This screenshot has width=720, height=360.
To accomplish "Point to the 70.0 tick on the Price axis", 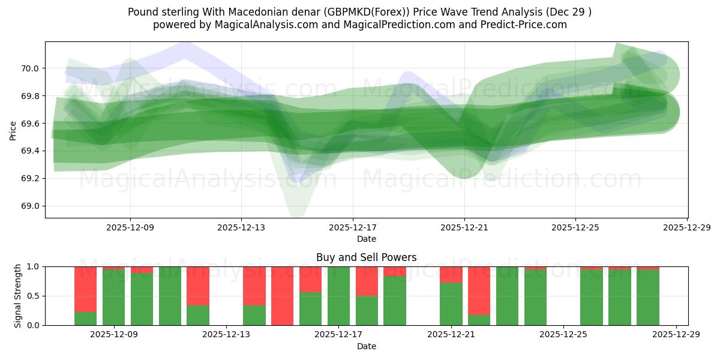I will (x=31, y=68).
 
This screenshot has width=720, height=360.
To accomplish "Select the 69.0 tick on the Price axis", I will (x=31, y=206).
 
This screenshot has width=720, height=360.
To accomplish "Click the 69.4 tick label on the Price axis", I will (x=31, y=151).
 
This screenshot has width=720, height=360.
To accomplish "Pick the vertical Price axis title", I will (x=13, y=130).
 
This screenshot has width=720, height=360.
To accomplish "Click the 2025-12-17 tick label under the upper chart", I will (x=353, y=227).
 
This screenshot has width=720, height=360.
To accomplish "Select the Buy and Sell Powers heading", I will (x=366, y=257).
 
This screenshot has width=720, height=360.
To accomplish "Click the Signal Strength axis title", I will (x=18, y=296).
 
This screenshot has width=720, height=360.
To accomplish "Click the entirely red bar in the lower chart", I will (x=282, y=296).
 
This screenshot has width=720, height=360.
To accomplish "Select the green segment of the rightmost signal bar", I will (x=648, y=298).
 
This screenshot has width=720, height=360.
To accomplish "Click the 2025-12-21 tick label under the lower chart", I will (x=451, y=335).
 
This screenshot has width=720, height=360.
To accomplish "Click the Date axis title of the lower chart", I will (x=366, y=346).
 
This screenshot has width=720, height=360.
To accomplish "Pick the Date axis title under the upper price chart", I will (x=366, y=239).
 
